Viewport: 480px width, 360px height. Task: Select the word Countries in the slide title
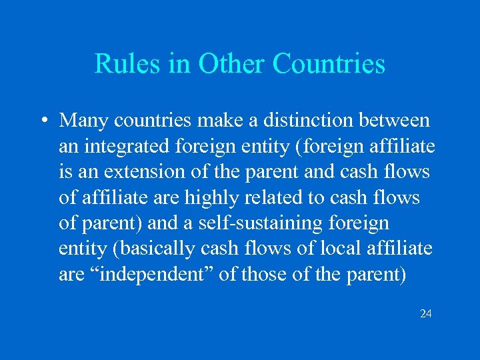tap(329, 64)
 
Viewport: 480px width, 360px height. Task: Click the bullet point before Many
tap(43, 121)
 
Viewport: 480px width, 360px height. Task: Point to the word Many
tap(84, 121)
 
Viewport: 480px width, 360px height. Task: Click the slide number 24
tap(425, 313)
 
